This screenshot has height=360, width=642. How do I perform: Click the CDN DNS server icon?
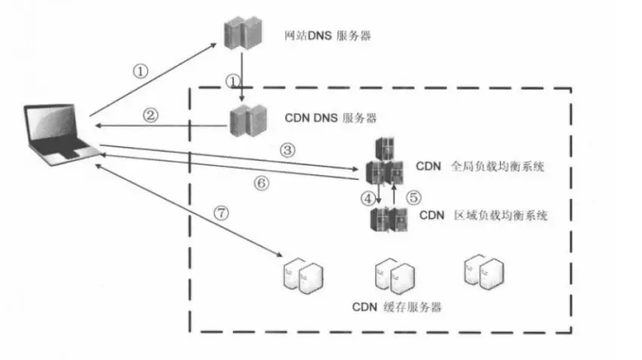click(x=248, y=120)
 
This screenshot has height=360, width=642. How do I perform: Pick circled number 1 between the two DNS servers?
click(x=233, y=79)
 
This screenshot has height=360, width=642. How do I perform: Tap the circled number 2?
click(x=150, y=115)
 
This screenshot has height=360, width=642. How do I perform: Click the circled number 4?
click(x=368, y=198)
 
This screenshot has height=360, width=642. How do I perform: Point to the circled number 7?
click(x=221, y=213)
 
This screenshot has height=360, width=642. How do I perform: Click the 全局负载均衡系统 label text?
click(x=497, y=166)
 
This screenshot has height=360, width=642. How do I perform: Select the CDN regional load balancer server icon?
click(x=388, y=220)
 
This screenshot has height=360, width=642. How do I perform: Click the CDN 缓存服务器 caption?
click(x=397, y=307)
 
